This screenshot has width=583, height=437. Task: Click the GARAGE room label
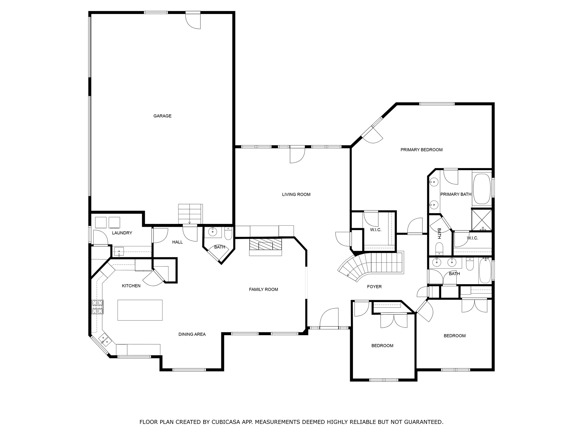coord(162,116)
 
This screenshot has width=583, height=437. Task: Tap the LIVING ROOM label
coord(296,195)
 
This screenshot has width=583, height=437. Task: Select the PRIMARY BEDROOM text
coord(421,150)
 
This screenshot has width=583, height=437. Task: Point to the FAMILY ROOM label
coord(263,290)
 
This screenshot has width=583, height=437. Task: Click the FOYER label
coord(374,287)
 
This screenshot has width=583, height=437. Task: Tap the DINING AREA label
coord(192,335)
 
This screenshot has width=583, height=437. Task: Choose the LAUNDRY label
coord(122,233)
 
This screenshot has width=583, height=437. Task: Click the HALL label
coord(177,242)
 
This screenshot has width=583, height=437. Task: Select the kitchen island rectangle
coord(140,310)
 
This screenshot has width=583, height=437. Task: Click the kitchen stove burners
coord(97,307)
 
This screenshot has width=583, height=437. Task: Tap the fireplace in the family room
coord(266,247)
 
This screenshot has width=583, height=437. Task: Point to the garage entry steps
coord(190,214)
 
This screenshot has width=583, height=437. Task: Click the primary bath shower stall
coord(482,220)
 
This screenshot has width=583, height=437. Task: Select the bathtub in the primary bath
coord(482,189)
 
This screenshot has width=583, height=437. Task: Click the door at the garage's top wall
coord(193,20)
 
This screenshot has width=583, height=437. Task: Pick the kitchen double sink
coord(104,339)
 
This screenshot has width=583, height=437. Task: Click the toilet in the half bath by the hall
coord(228,234)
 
